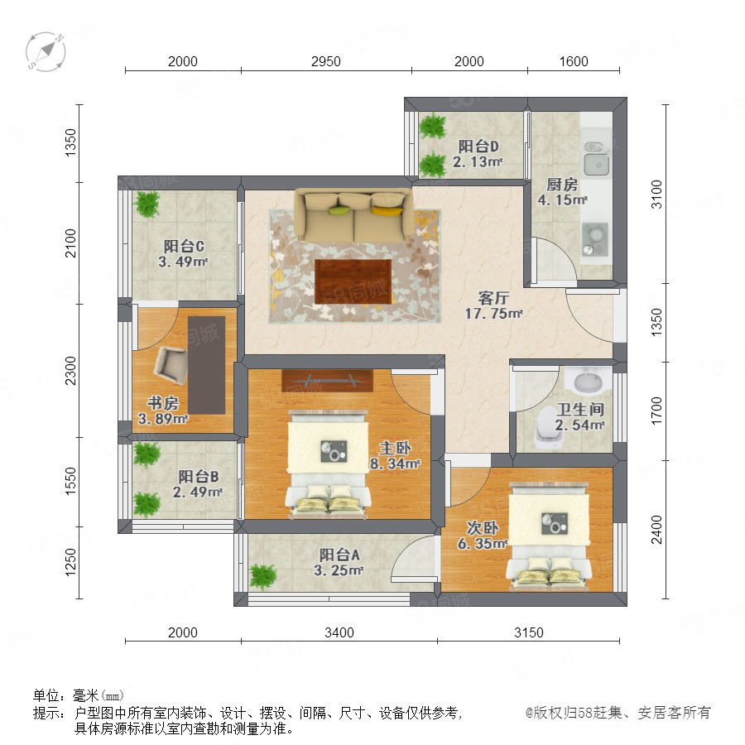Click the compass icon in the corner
tap(46, 51)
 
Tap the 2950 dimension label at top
tap(326, 61)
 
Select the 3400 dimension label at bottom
tap(339, 632)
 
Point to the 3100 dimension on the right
tap(656, 194)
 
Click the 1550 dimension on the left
tap(70, 481)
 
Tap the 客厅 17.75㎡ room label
tap(493, 305)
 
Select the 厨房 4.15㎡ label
tap(562, 192)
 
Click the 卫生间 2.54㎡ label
tap(580, 416)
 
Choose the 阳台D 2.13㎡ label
tap(478, 153)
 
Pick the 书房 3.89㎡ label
tap(163, 411)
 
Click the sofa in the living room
tap(353, 214)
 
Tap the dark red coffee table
tap(353, 281)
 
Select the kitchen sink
tap(597, 158)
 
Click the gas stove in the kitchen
tap(595, 239)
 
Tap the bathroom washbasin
tap(587, 380)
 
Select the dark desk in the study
tap(206, 365)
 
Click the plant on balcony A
tap(262, 576)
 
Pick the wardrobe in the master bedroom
tap(327, 381)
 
